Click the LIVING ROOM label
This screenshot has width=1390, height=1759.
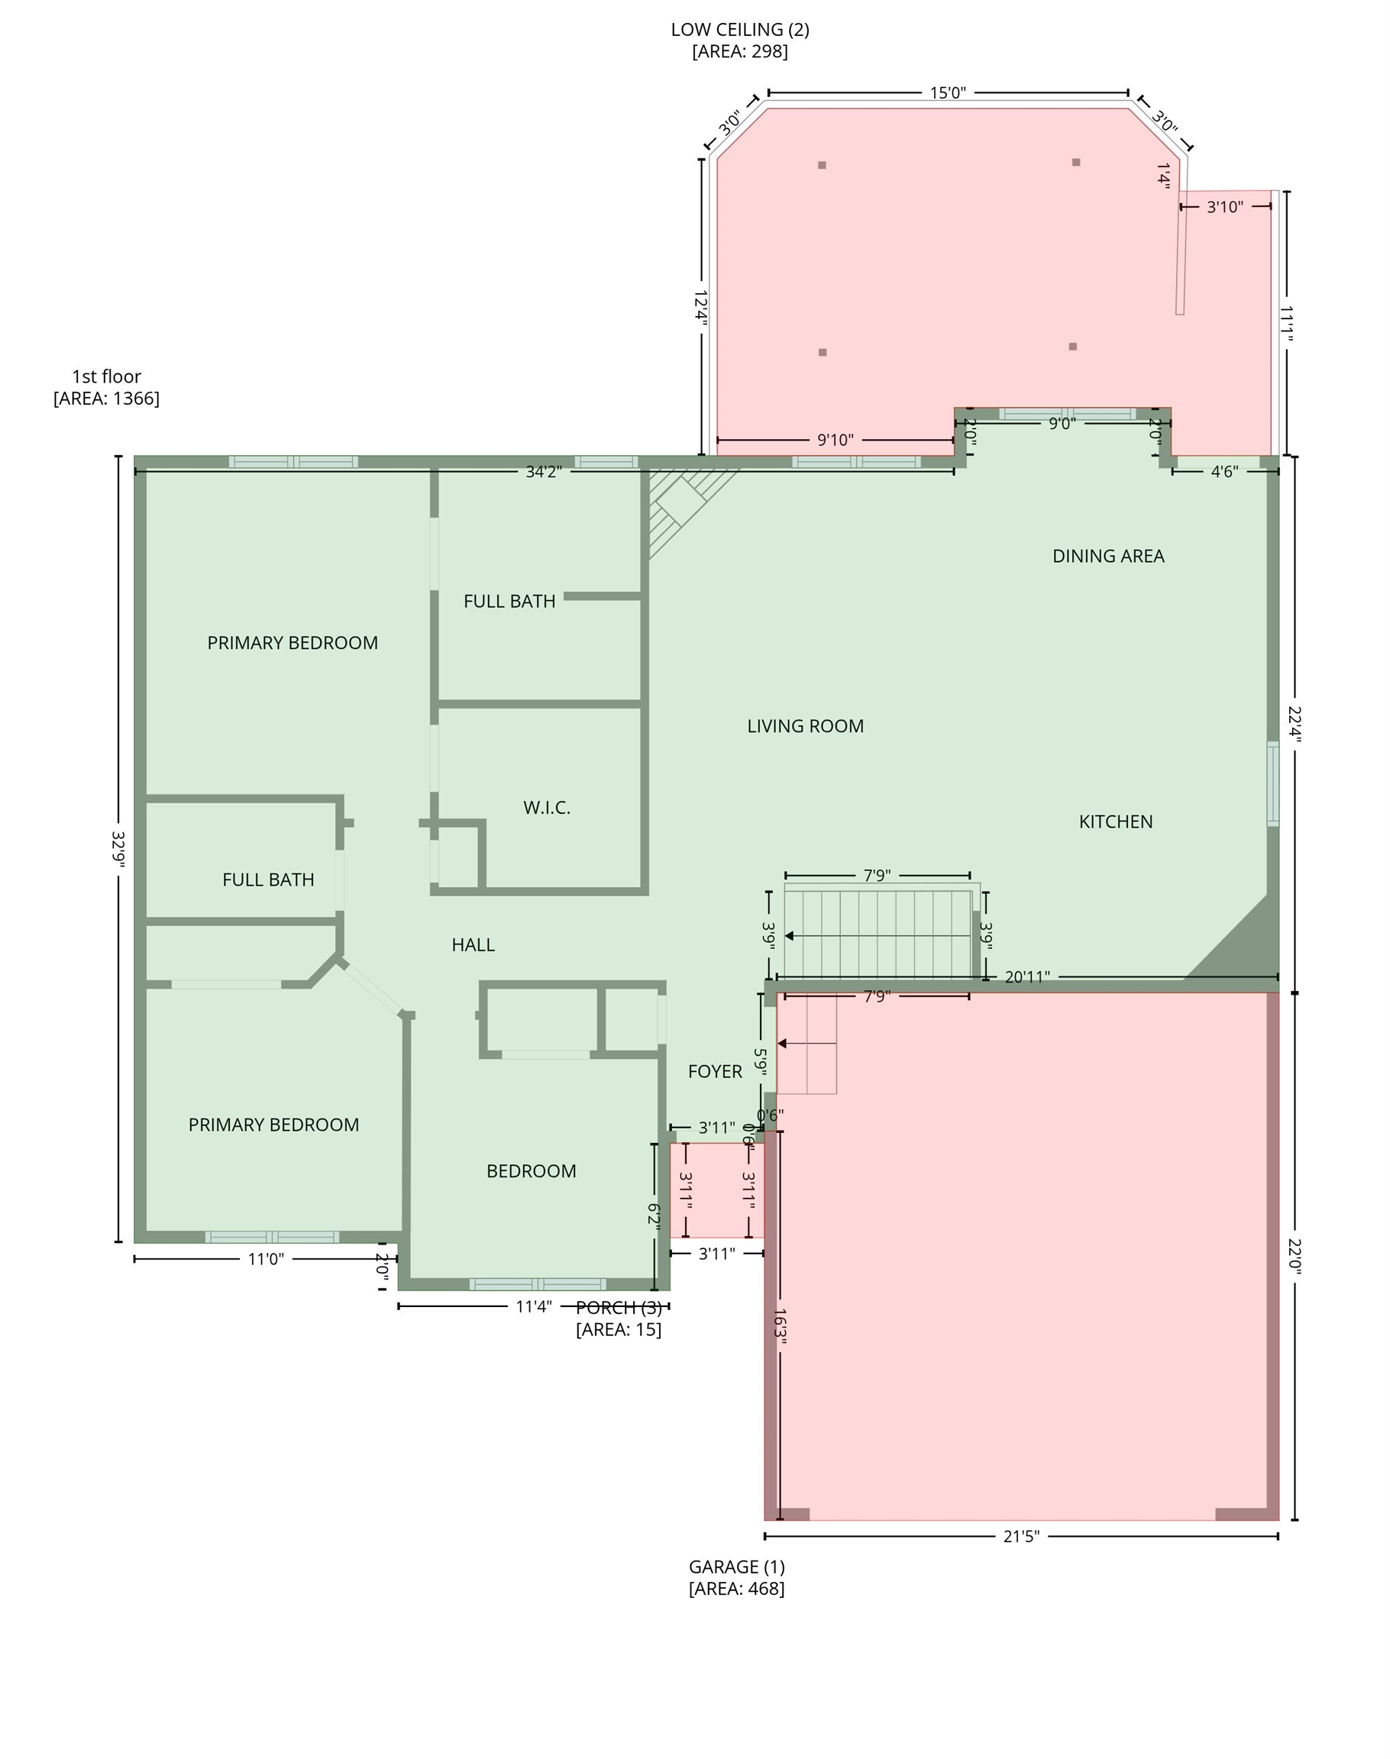pyautogui.click(x=806, y=726)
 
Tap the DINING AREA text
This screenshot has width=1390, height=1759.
pyautogui.click(x=1108, y=556)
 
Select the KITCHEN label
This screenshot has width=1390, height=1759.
pyautogui.click(x=1116, y=821)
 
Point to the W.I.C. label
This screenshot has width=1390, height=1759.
pyautogui.click(x=547, y=808)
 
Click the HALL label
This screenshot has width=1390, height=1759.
pyautogui.click(x=473, y=944)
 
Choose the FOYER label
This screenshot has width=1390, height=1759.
pyautogui.click(x=716, y=1072)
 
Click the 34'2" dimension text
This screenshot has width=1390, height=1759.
pyautogui.click(x=544, y=472)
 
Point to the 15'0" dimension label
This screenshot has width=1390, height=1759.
pyautogui.click(x=948, y=92)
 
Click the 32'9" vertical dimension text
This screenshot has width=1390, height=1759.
pyautogui.click(x=119, y=849)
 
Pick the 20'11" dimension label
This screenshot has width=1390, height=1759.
pyautogui.click(x=1027, y=976)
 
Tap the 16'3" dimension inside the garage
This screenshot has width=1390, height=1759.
pyautogui.click(x=781, y=1327)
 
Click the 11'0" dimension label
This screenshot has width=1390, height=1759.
pyautogui.click(x=266, y=1260)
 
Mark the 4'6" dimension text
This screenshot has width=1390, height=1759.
pyautogui.click(x=1225, y=472)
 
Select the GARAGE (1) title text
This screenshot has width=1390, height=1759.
pyautogui.click(x=737, y=1566)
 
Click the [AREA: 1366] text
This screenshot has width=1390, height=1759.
pyautogui.click(x=107, y=399)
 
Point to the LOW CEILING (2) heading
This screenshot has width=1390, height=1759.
pyautogui.click(x=741, y=30)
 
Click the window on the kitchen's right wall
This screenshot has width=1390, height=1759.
pyautogui.click(x=1273, y=783)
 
